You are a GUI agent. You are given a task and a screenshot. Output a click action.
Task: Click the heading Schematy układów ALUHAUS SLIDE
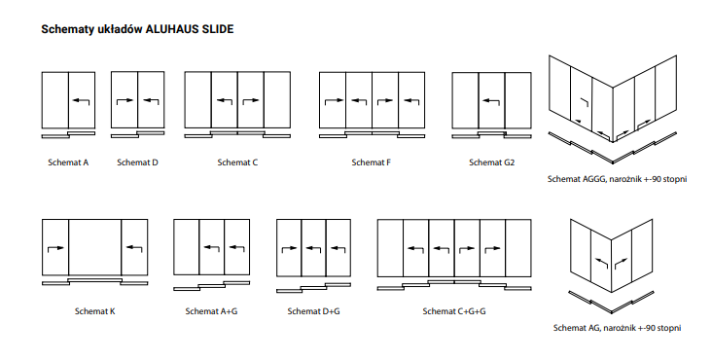pyautogui.click(x=137, y=29)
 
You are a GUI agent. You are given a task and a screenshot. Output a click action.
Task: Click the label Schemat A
pyautogui.click(x=67, y=162)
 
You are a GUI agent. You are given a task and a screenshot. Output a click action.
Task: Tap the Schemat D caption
pyautogui.click(x=137, y=162)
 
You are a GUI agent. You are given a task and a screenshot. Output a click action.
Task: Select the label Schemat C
pyautogui.click(x=237, y=162)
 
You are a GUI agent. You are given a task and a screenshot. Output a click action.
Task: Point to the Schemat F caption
pyautogui.click(x=372, y=162)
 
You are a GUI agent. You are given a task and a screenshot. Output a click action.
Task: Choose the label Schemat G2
pyautogui.click(x=491, y=162)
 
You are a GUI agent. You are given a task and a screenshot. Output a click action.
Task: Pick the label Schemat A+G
pyautogui.click(x=211, y=311)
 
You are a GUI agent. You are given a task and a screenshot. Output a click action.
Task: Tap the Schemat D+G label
pyautogui.click(x=313, y=311)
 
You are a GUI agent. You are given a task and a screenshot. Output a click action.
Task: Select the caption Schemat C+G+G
pyautogui.click(x=454, y=311)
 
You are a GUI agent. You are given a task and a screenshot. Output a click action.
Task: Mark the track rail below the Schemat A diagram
pyautogui.click(x=68, y=132)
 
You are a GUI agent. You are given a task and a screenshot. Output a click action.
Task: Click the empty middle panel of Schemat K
pyautogui.click(x=94, y=248)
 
